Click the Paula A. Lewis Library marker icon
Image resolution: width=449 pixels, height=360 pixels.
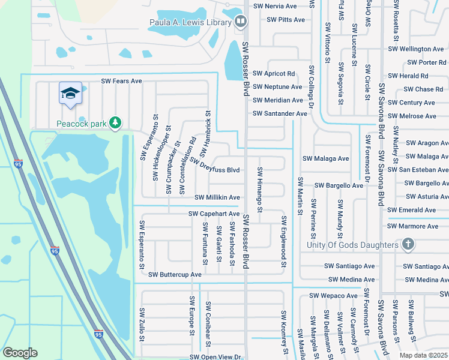pyautogui.click(x=240, y=22)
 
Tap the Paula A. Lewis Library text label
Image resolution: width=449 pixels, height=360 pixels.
pyautogui.click(x=190, y=23)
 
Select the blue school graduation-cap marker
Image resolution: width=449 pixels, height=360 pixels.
pyautogui.click(x=70, y=94)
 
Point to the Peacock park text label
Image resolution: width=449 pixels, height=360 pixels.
pyautogui.click(x=81, y=124)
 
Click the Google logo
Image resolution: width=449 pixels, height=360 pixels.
pyautogui.click(x=20, y=352)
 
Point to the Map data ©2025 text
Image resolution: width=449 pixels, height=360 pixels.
pyautogui.click(x=423, y=355)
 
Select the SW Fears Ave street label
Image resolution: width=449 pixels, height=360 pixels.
pyautogui.click(x=121, y=80)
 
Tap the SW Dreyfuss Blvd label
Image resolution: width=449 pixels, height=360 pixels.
pyautogui.click(x=215, y=165)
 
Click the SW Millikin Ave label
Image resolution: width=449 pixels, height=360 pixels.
pyautogui.click(x=217, y=197)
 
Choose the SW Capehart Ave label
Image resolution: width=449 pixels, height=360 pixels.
pyautogui.click(x=214, y=214)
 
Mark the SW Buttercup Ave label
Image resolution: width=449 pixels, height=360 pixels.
pyautogui.click(x=175, y=274)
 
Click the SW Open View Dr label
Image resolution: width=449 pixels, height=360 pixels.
pyautogui.click(x=215, y=356)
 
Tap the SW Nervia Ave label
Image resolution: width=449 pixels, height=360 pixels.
pyautogui.click(x=275, y=6)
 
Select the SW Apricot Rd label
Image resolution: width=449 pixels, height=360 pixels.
pyautogui.click(x=274, y=74)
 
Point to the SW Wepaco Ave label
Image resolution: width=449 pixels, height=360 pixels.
pyautogui.click(x=333, y=295)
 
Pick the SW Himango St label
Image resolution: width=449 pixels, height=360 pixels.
pyautogui.click(x=261, y=190)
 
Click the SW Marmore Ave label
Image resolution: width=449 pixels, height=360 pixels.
pyautogui.click(x=413, y=226)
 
